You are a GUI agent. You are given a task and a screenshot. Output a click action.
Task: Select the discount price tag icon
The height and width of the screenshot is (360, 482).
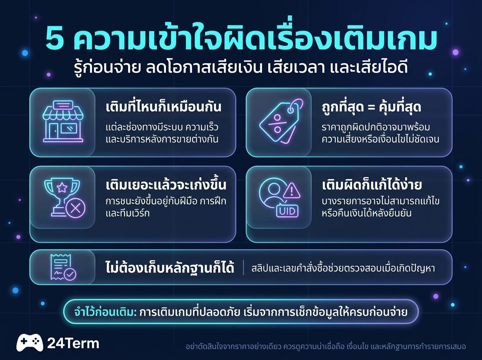281,121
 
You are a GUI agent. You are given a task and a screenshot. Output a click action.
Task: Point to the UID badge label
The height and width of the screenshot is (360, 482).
287,211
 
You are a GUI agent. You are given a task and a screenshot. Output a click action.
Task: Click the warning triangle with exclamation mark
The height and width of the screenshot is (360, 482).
292,191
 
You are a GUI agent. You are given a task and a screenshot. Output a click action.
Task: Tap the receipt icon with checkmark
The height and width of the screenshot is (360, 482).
63,267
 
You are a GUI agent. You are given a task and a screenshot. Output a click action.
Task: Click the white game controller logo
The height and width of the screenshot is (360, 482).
30,343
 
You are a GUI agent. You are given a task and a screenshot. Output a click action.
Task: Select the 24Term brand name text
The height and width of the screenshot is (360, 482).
73,344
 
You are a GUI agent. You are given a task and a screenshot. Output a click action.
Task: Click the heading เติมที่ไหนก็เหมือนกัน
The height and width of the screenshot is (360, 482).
163,107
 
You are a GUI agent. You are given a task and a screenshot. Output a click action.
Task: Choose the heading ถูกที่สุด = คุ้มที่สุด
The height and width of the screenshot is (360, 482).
371,107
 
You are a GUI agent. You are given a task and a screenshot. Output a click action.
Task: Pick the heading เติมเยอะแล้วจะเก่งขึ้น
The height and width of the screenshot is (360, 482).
166,185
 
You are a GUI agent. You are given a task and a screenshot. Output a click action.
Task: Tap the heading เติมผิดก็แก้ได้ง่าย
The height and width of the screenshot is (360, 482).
372,185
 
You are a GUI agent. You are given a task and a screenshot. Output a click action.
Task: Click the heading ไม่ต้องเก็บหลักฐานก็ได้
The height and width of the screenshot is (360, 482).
170,268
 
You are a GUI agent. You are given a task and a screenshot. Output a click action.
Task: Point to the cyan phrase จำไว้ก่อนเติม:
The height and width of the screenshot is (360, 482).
105,312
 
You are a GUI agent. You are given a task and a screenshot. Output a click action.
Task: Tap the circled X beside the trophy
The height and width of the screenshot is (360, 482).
76,208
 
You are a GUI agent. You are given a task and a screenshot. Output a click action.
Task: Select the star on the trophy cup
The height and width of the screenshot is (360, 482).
62,188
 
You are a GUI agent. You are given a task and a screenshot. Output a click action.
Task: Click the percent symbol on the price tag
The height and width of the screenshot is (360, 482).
277,123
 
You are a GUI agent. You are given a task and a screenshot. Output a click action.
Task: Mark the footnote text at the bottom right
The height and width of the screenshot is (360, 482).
326,346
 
